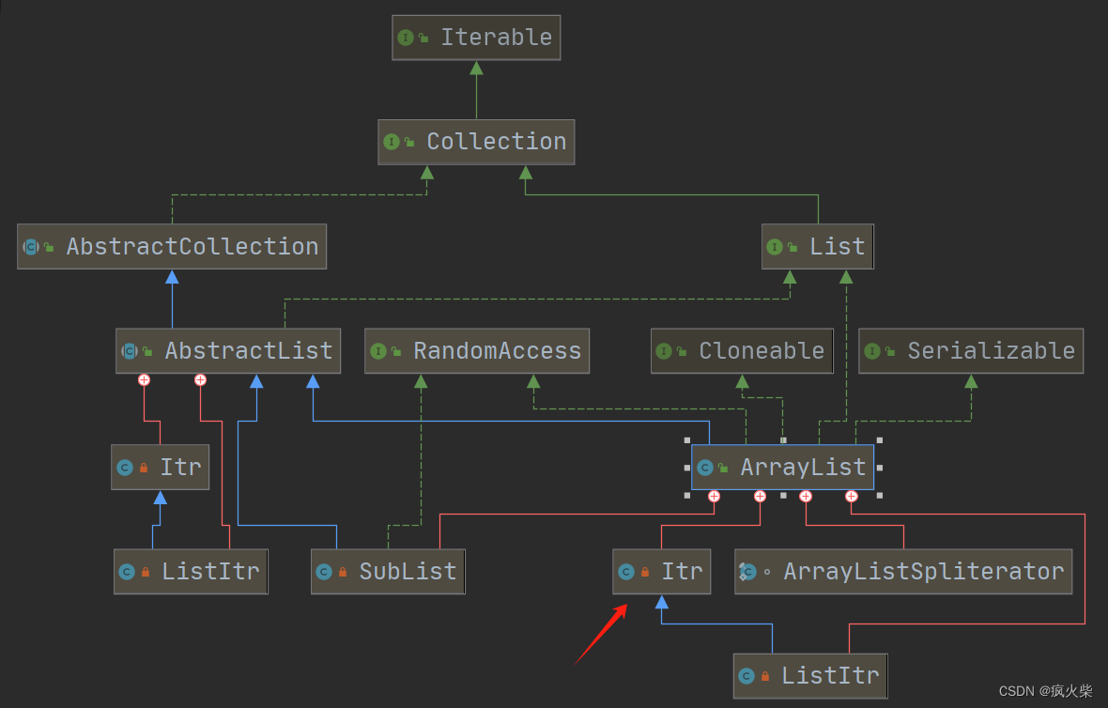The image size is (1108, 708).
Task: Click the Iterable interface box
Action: pos(476,38)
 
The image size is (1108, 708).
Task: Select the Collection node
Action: pos(476,142)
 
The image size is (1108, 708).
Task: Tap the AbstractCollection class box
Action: pos(172,246)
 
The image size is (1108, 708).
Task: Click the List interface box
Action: pos(817,246)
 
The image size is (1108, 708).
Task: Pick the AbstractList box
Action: pos(227,351)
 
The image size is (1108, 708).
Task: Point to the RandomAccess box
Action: pos(476,351)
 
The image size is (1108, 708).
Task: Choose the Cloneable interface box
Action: pos(742,351)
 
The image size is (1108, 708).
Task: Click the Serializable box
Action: pos(970,351)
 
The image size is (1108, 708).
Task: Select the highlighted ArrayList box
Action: pos(782,468)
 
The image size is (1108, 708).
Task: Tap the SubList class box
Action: pos(388,572)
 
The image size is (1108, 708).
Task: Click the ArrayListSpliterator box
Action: pos(902,572)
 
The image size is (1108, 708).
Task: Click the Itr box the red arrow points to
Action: pos(661,572)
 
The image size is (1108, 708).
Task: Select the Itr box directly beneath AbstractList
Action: pos(160,468)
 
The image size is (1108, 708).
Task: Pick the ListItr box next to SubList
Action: pos(191,572)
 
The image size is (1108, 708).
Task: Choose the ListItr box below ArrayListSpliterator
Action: pos(809,676)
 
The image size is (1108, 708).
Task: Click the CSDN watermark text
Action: pos(1045,691)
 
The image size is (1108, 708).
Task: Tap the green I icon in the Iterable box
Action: pos(406,38)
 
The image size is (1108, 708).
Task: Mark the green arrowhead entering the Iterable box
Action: pos(476,68)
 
